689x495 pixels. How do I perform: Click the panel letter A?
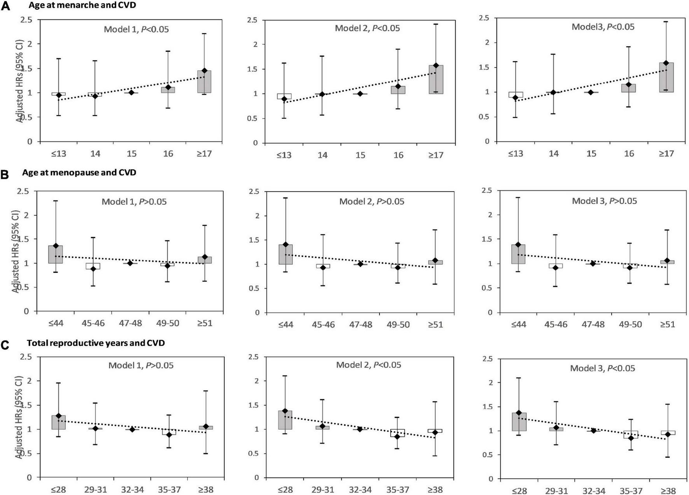pos(5,6)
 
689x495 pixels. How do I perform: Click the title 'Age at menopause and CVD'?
pos(79,173)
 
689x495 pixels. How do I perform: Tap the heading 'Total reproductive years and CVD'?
pos(96,343)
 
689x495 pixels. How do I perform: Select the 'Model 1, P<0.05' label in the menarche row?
pos(136,30)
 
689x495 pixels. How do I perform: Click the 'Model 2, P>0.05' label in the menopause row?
pos(371,201)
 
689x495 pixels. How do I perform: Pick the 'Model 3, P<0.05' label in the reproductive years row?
pos(602,368)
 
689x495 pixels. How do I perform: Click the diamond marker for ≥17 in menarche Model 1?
pos(204,71)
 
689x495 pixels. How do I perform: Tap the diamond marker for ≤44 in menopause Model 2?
pos(285,244)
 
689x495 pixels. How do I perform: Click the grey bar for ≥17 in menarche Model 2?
pos(435,80)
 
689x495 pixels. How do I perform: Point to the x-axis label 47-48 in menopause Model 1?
pos(130,323)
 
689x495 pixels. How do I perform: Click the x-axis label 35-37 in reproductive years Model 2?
pos(397,490)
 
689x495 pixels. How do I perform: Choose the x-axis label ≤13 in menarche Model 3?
pos(516,154)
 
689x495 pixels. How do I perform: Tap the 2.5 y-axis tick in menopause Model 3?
pos(486,190)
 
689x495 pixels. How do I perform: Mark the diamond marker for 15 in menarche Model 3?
pos(591,92)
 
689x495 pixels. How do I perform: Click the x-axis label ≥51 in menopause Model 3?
pos(667,324)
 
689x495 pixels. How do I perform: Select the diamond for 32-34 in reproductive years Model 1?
pos(132,429)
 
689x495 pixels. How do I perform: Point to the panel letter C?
pos(5,345)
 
